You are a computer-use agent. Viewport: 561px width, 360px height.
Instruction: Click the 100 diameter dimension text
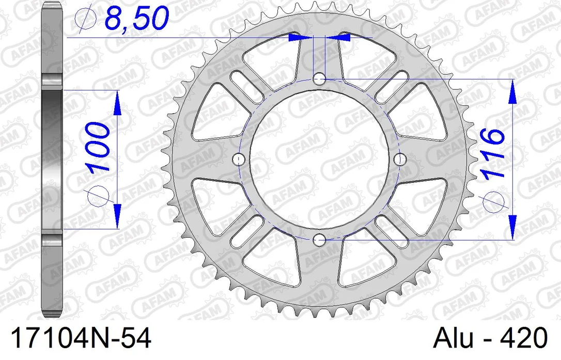[x=98, y=147]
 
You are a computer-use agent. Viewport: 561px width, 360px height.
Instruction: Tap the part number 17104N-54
[x=81, y=338]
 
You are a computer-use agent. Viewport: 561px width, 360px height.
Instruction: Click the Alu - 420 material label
[x=490, y=338]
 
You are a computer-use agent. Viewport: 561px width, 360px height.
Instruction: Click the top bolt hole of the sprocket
[x=319, y=79]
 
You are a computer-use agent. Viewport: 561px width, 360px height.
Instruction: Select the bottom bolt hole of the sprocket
[x=319, y=239]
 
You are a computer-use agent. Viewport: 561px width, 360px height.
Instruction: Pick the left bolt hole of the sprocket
[x=239, y=159]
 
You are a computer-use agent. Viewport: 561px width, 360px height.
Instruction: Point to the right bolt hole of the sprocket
[x=399, y=159]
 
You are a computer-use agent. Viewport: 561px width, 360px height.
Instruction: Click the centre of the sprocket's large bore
[x=319, y=159]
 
